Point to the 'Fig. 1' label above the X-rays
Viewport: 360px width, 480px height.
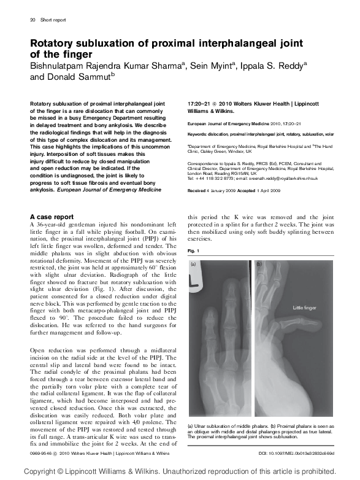pos(193,251)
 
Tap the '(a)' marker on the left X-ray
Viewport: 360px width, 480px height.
pos(194,264)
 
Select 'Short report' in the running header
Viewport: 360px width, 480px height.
pos(53,20)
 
